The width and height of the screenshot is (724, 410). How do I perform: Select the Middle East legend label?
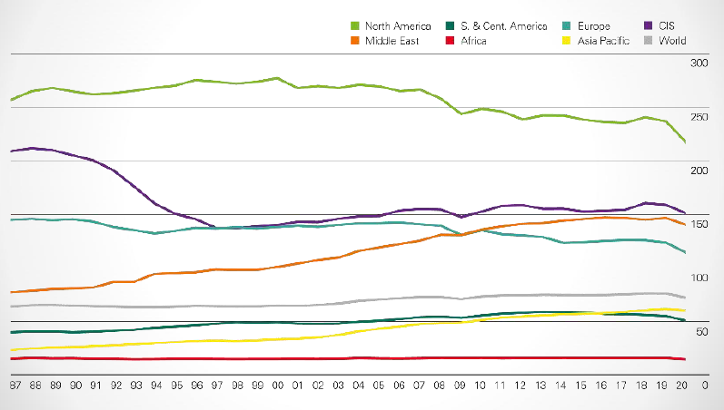(x=392, y=41)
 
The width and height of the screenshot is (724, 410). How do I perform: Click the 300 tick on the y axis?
(x=699, y=63)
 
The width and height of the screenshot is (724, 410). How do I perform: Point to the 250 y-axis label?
(x=699, y=117)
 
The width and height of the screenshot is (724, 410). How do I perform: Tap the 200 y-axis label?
(x=699, y=171)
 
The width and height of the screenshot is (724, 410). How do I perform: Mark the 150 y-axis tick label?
(x=699, y=224)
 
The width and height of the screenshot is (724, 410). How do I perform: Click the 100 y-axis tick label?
(x=699, y=278)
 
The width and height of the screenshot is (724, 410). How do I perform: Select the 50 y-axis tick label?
(x=701, y=332)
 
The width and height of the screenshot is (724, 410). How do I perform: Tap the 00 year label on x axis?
(x=277, y=385)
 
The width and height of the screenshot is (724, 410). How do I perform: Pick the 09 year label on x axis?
(x=460, y=385)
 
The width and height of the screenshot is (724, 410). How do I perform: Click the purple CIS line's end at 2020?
(x=684, y=212)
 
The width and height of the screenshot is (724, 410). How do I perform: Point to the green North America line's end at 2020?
(x=684, y=142)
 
